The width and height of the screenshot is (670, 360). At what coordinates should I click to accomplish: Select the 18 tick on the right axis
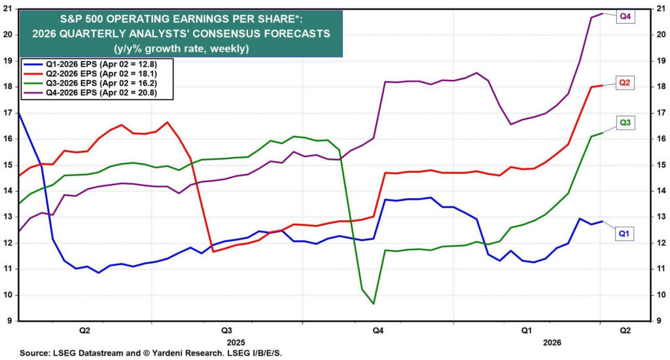tap(661, 86)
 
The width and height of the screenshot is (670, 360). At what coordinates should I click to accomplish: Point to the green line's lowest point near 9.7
tap(373, 304)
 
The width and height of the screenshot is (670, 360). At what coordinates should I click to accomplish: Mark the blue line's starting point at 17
tap(18, 113)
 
